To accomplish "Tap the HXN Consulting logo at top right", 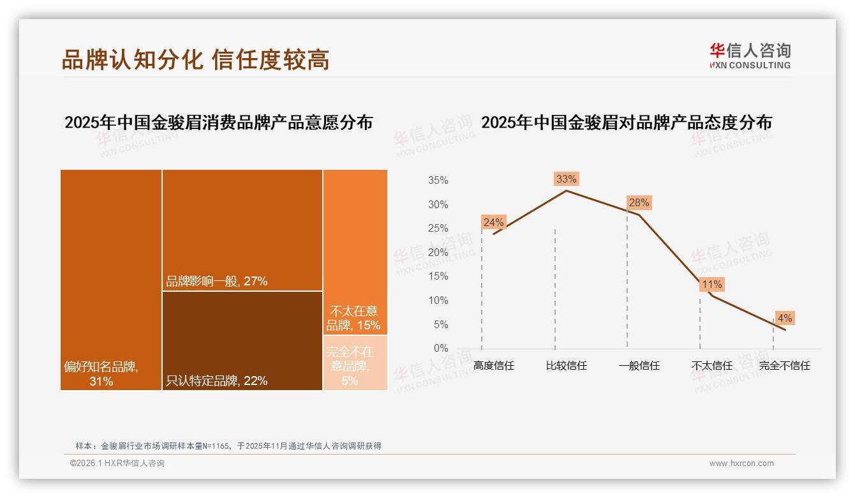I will click(750, 56).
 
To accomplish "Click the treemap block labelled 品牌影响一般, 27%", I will click(242, 230).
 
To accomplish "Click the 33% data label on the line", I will click(566, 179).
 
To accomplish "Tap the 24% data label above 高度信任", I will click(493, 223).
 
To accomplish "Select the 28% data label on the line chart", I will click(639, 203).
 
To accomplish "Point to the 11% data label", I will click(711, 285).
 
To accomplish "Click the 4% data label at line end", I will click(784, 318).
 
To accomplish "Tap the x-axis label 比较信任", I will click(566, 366).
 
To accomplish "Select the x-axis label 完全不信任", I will click(784, 366).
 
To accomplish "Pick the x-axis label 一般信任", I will click(639, 366).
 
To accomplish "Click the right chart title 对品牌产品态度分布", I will click(626, 123).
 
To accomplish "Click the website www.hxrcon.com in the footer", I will click(741, 464).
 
